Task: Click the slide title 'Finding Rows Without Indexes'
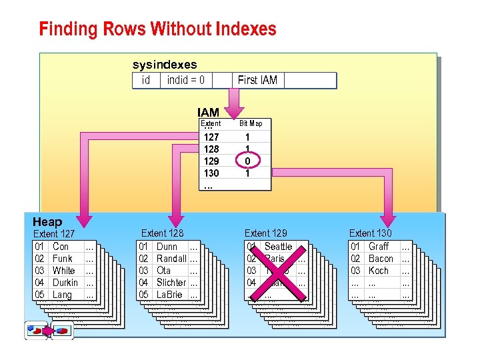157,29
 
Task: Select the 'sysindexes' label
165,65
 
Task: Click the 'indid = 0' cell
185,81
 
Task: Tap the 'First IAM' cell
257,81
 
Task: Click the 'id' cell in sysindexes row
146,81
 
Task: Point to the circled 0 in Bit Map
247,161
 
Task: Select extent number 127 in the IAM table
211,137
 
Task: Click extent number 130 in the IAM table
211,173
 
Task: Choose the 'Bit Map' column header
251,123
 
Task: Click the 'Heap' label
47,222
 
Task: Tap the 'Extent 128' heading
162,233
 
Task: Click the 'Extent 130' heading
370,233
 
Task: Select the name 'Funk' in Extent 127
62,259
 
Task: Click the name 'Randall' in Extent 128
171,259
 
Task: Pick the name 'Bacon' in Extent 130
381,259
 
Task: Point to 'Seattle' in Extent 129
278,247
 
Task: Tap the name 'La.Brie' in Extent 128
169,295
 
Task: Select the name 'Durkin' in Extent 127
65,283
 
